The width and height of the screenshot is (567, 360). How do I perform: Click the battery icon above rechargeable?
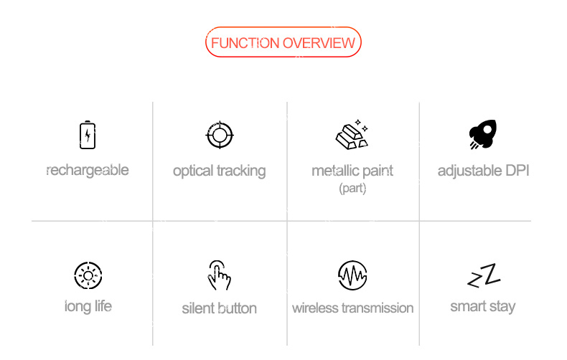88,135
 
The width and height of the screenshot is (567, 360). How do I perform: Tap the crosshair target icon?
220,136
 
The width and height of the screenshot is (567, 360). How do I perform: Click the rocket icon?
483,134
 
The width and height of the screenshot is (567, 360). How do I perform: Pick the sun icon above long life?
88,276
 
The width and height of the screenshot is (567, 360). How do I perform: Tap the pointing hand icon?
219,275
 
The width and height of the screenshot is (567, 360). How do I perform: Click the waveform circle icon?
352,275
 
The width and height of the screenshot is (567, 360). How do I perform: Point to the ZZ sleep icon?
484,275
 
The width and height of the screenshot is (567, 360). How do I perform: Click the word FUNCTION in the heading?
245,43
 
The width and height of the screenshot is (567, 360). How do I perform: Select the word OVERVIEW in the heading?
319,43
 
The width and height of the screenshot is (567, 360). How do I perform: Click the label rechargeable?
88,171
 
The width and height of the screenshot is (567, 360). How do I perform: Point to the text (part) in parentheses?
352,189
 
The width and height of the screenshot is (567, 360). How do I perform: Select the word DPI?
517,171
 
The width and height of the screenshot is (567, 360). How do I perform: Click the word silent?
197,308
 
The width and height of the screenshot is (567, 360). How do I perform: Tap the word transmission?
378,308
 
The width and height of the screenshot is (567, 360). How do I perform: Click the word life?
103,306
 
